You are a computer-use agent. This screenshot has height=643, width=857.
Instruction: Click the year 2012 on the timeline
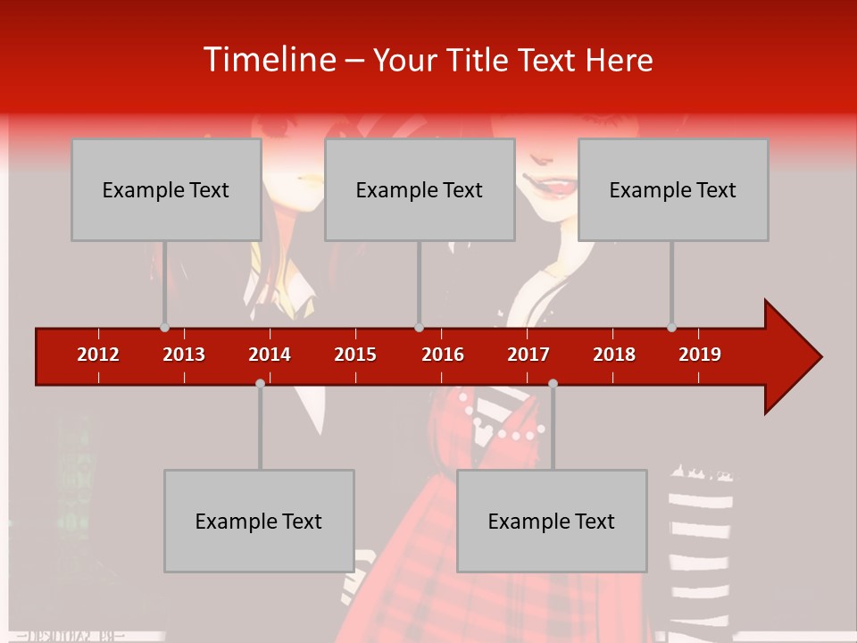coord(98,355)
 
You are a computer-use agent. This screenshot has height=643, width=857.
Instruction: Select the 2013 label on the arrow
coord(184,355)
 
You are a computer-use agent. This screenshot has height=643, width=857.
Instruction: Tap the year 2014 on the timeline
coord(270,355)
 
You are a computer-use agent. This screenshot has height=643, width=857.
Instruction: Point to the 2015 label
coord(355,355)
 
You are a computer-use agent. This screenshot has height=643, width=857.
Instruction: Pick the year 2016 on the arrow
coord(443,355)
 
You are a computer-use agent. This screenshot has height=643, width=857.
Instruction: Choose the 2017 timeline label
coord(528,355)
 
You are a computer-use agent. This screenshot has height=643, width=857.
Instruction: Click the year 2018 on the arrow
coord(614,355)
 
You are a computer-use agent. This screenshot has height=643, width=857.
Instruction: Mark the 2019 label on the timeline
coord(700,355)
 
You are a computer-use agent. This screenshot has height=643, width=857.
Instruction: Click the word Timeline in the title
coord(269,60)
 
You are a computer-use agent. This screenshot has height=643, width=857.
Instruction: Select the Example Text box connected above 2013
coord(166,189)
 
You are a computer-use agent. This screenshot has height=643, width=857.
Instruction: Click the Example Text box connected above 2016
coord(420,189)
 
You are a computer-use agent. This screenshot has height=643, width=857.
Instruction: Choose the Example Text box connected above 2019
coord(673,189)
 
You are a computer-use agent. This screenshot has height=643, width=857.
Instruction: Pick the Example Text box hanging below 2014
coord(259,521)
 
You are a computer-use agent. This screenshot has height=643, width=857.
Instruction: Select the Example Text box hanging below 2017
coord(552,521)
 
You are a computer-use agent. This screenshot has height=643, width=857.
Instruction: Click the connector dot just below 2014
coord(260,383)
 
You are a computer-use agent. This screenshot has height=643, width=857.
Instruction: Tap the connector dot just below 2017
coord(553,383)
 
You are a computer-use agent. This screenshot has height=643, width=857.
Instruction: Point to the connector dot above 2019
coord(671,327)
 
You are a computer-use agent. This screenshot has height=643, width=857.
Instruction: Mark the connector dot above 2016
coord(419,327)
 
